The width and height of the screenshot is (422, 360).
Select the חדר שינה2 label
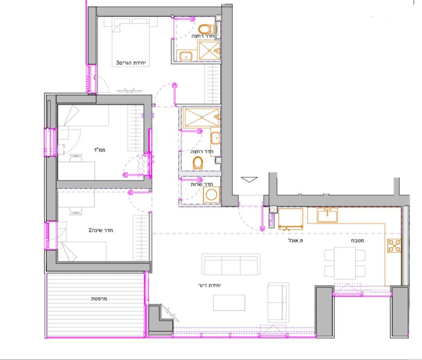[100, 230]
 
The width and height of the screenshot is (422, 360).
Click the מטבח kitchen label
[357, 241]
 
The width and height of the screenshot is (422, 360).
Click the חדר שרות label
[201, 184]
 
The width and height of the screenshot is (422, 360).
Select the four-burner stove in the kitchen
[394, 246]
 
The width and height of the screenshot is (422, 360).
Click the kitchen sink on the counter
[327, 215]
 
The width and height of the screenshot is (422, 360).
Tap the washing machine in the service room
[211, 194]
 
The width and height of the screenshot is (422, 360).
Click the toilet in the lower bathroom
[198, 162]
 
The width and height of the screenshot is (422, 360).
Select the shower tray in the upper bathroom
[209, 50]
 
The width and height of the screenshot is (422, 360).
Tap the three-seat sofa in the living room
[231, 265]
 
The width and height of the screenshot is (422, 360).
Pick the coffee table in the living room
[229, 303]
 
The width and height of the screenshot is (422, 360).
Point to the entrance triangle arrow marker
[249, 180]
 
